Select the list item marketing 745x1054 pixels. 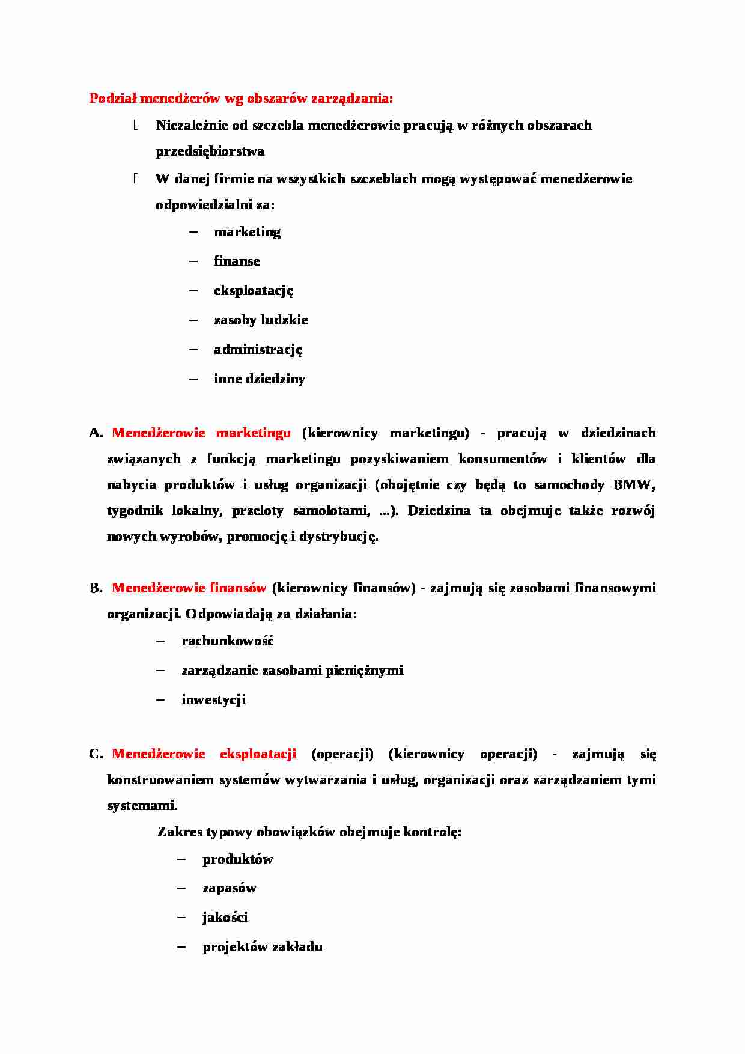click(x=247, y=232)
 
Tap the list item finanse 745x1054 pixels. click(x=237, y=261)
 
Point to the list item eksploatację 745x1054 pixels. click(x=254, y=291)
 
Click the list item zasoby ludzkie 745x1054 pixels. click(x=260, y=320)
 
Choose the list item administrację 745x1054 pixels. click(x=258, y=350)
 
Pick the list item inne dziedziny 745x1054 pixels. click(x=259, y=379)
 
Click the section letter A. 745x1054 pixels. click(x=96, y=433)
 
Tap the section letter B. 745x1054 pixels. click(x=96, y=588)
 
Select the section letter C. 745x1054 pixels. click(x=96, y=754)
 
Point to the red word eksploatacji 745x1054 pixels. click(x=258, y=754)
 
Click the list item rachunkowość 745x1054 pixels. click(x=227, y=641)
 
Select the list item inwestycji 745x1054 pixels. click(x=213, y=700)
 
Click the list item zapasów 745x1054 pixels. click(x=229, y=888)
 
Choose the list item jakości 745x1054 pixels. click(x=225, y=918)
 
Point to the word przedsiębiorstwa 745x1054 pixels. click(x=210, y=151)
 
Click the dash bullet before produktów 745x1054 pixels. click(x=181, y=859)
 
